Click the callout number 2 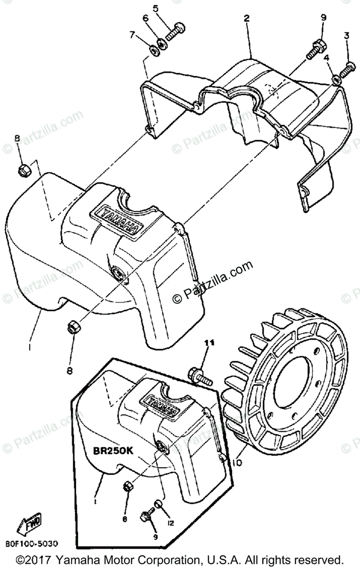(246, 18)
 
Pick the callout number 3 (346, 36)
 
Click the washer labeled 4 (335, 78)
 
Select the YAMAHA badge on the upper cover (118, 220)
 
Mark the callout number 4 (326, 58)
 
